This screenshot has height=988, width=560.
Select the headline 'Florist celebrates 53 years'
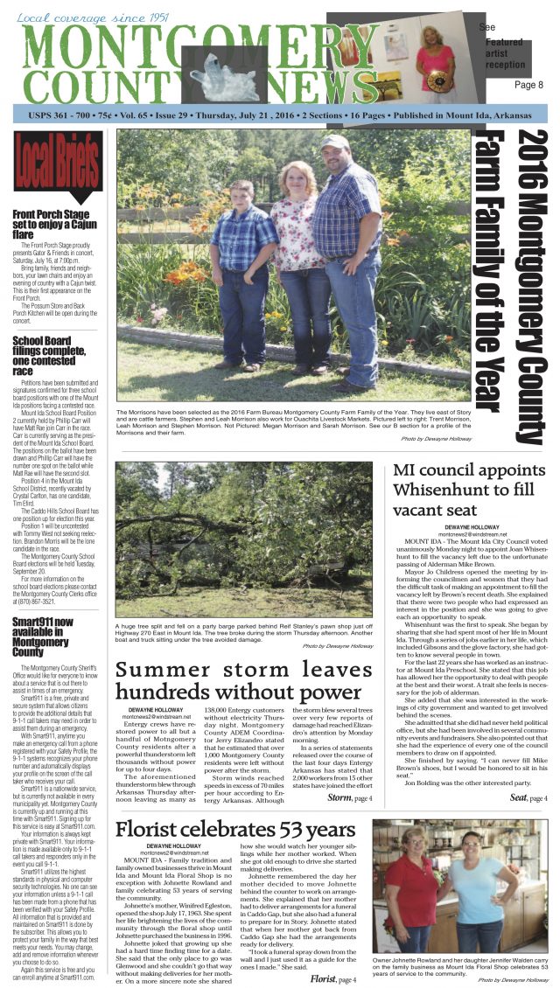[235, 829]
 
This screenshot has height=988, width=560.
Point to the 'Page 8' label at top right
[528, 85]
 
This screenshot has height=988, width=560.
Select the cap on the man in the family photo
[334, 142]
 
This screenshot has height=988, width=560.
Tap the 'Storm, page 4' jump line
[349, 797]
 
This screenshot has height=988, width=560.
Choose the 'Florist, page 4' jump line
[333, 978]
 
